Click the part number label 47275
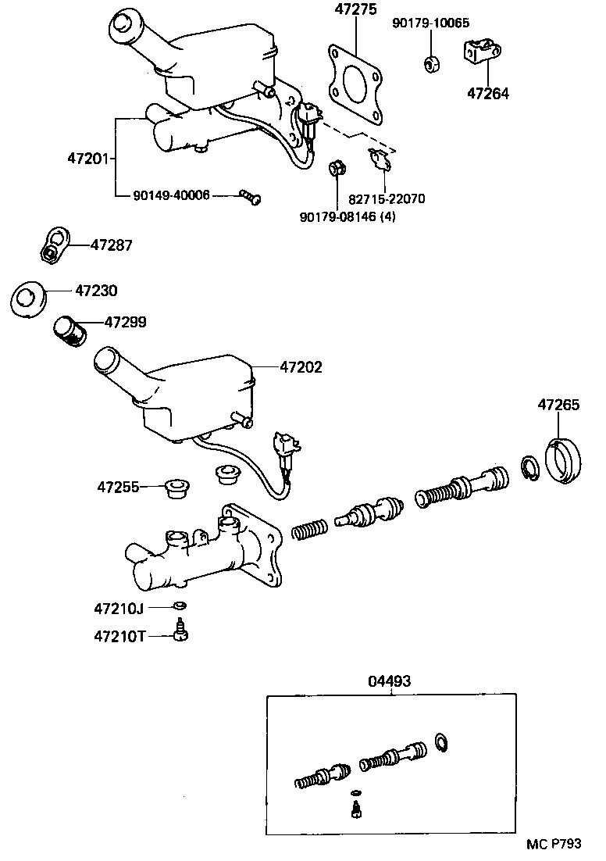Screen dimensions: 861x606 (x=355, y=10)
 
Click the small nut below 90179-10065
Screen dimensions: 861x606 (x=430, y=63)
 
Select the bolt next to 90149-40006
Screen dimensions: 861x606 (x=250, y=197)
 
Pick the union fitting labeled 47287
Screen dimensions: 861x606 (x=53, y=244)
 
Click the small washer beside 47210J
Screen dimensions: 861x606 (x=179, y=606)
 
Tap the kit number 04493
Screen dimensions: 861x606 (x=389, y=681)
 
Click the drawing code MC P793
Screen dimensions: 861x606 (x=553, y=844)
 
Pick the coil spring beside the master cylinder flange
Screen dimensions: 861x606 (x=309, y=530)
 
